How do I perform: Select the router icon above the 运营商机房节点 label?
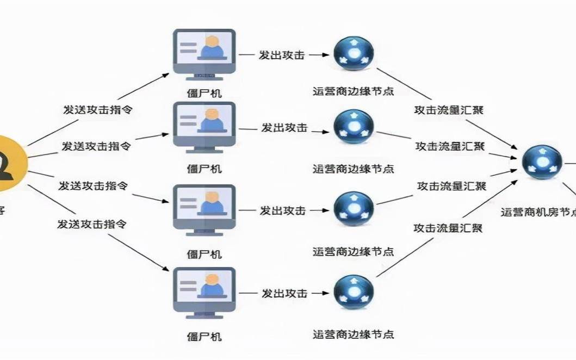pyautogui.click(x=542, y=162)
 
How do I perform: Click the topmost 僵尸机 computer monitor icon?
pyautogui.click(x=205, y=53)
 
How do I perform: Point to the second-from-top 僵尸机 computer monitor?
pyautogui.click(x=205, y=126)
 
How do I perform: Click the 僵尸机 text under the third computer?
pyautogui.click(x=205, y=254)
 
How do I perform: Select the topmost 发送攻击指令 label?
pyautogui.click(x=98, y=109)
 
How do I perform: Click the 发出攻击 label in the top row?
pyautogui.click(x=281, y=55)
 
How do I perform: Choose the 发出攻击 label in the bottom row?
pyautogui.click(x=284, y=293)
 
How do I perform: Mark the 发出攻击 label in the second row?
pyautogui.click(x=284, y=128)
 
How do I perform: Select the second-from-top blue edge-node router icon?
pyautogui.click(x=354, y=127)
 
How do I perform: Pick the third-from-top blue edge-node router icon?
pyautogui.click(x=354, y=209)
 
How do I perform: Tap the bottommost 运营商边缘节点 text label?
pyautogui.click(x=354, y=334)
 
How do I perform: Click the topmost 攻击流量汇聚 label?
pyautogui.click(x=449, y=110)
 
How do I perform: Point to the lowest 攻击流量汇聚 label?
pyautogui.click(x=448, y=228)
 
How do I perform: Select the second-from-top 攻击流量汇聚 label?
pyautogui.click(x=450, y=146)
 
